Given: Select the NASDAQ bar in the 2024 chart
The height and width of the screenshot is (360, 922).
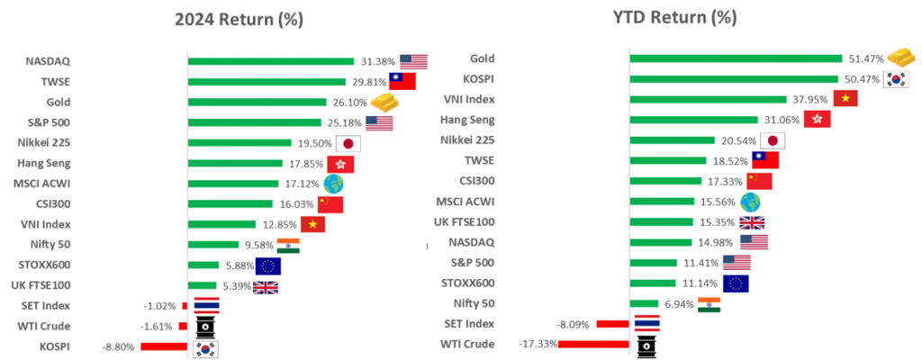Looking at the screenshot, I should click(271, 61).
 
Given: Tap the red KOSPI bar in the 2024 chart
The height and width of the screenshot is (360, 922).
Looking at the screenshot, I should click(163, 346).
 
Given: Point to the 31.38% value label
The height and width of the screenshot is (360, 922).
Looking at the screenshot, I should click(377, 61).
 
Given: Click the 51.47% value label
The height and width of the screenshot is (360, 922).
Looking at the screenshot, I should click(863, 58).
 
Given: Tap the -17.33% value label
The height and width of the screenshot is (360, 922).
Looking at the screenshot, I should click(538, 344).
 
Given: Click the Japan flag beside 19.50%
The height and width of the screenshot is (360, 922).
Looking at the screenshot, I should click(348, 143).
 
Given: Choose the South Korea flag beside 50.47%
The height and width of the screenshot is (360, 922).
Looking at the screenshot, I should click(897, 79).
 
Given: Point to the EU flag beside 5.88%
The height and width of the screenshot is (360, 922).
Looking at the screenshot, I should click(268, 265).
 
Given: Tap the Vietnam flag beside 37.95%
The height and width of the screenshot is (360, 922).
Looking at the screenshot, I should click(845, 99).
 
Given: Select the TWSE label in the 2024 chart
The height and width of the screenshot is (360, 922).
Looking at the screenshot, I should click(56, 82).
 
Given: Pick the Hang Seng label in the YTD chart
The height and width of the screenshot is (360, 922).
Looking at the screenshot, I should click(493, 120).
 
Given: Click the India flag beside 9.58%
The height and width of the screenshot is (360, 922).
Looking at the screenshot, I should click(288, 245).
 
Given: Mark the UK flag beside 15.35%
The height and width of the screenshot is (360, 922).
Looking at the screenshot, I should click(752, 222).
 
